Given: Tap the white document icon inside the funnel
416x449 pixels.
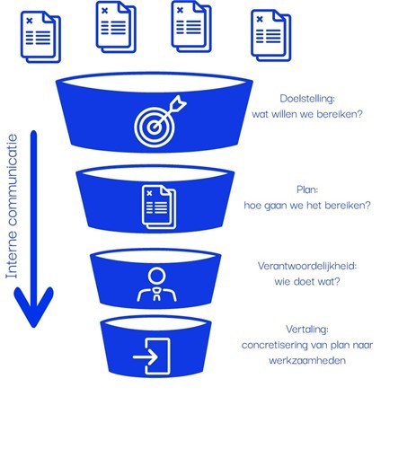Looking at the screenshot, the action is tap(159, 207).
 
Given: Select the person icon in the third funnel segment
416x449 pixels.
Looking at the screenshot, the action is tap(156, 284).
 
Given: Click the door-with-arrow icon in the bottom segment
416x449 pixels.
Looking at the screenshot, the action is tap(152, 357).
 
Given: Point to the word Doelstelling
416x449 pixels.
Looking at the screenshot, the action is tap(307, 99).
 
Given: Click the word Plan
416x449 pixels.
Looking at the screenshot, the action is tap(307, 189).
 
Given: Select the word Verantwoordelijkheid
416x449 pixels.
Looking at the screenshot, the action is tap(307, 266).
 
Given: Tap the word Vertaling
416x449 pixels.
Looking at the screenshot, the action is tap(307, 330).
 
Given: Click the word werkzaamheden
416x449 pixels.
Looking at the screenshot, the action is tap(307, 360).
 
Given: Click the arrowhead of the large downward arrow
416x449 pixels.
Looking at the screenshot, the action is tap(33, 307).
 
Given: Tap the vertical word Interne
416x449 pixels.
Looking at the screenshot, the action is tap(12, 254).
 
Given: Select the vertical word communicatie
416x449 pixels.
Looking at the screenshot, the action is tap(12, 180).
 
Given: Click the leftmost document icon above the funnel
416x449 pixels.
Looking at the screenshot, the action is tap(40, 37).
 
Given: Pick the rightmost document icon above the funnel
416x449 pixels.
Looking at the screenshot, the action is tap(270, 35).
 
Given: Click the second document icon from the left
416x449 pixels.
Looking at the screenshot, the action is tap(116, 27).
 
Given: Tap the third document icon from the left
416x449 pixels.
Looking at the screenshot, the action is tap(191, 26).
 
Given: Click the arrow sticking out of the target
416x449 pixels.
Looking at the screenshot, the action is tap(170, 112).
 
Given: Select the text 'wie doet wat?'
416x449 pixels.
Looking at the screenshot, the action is tap(307, 282).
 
